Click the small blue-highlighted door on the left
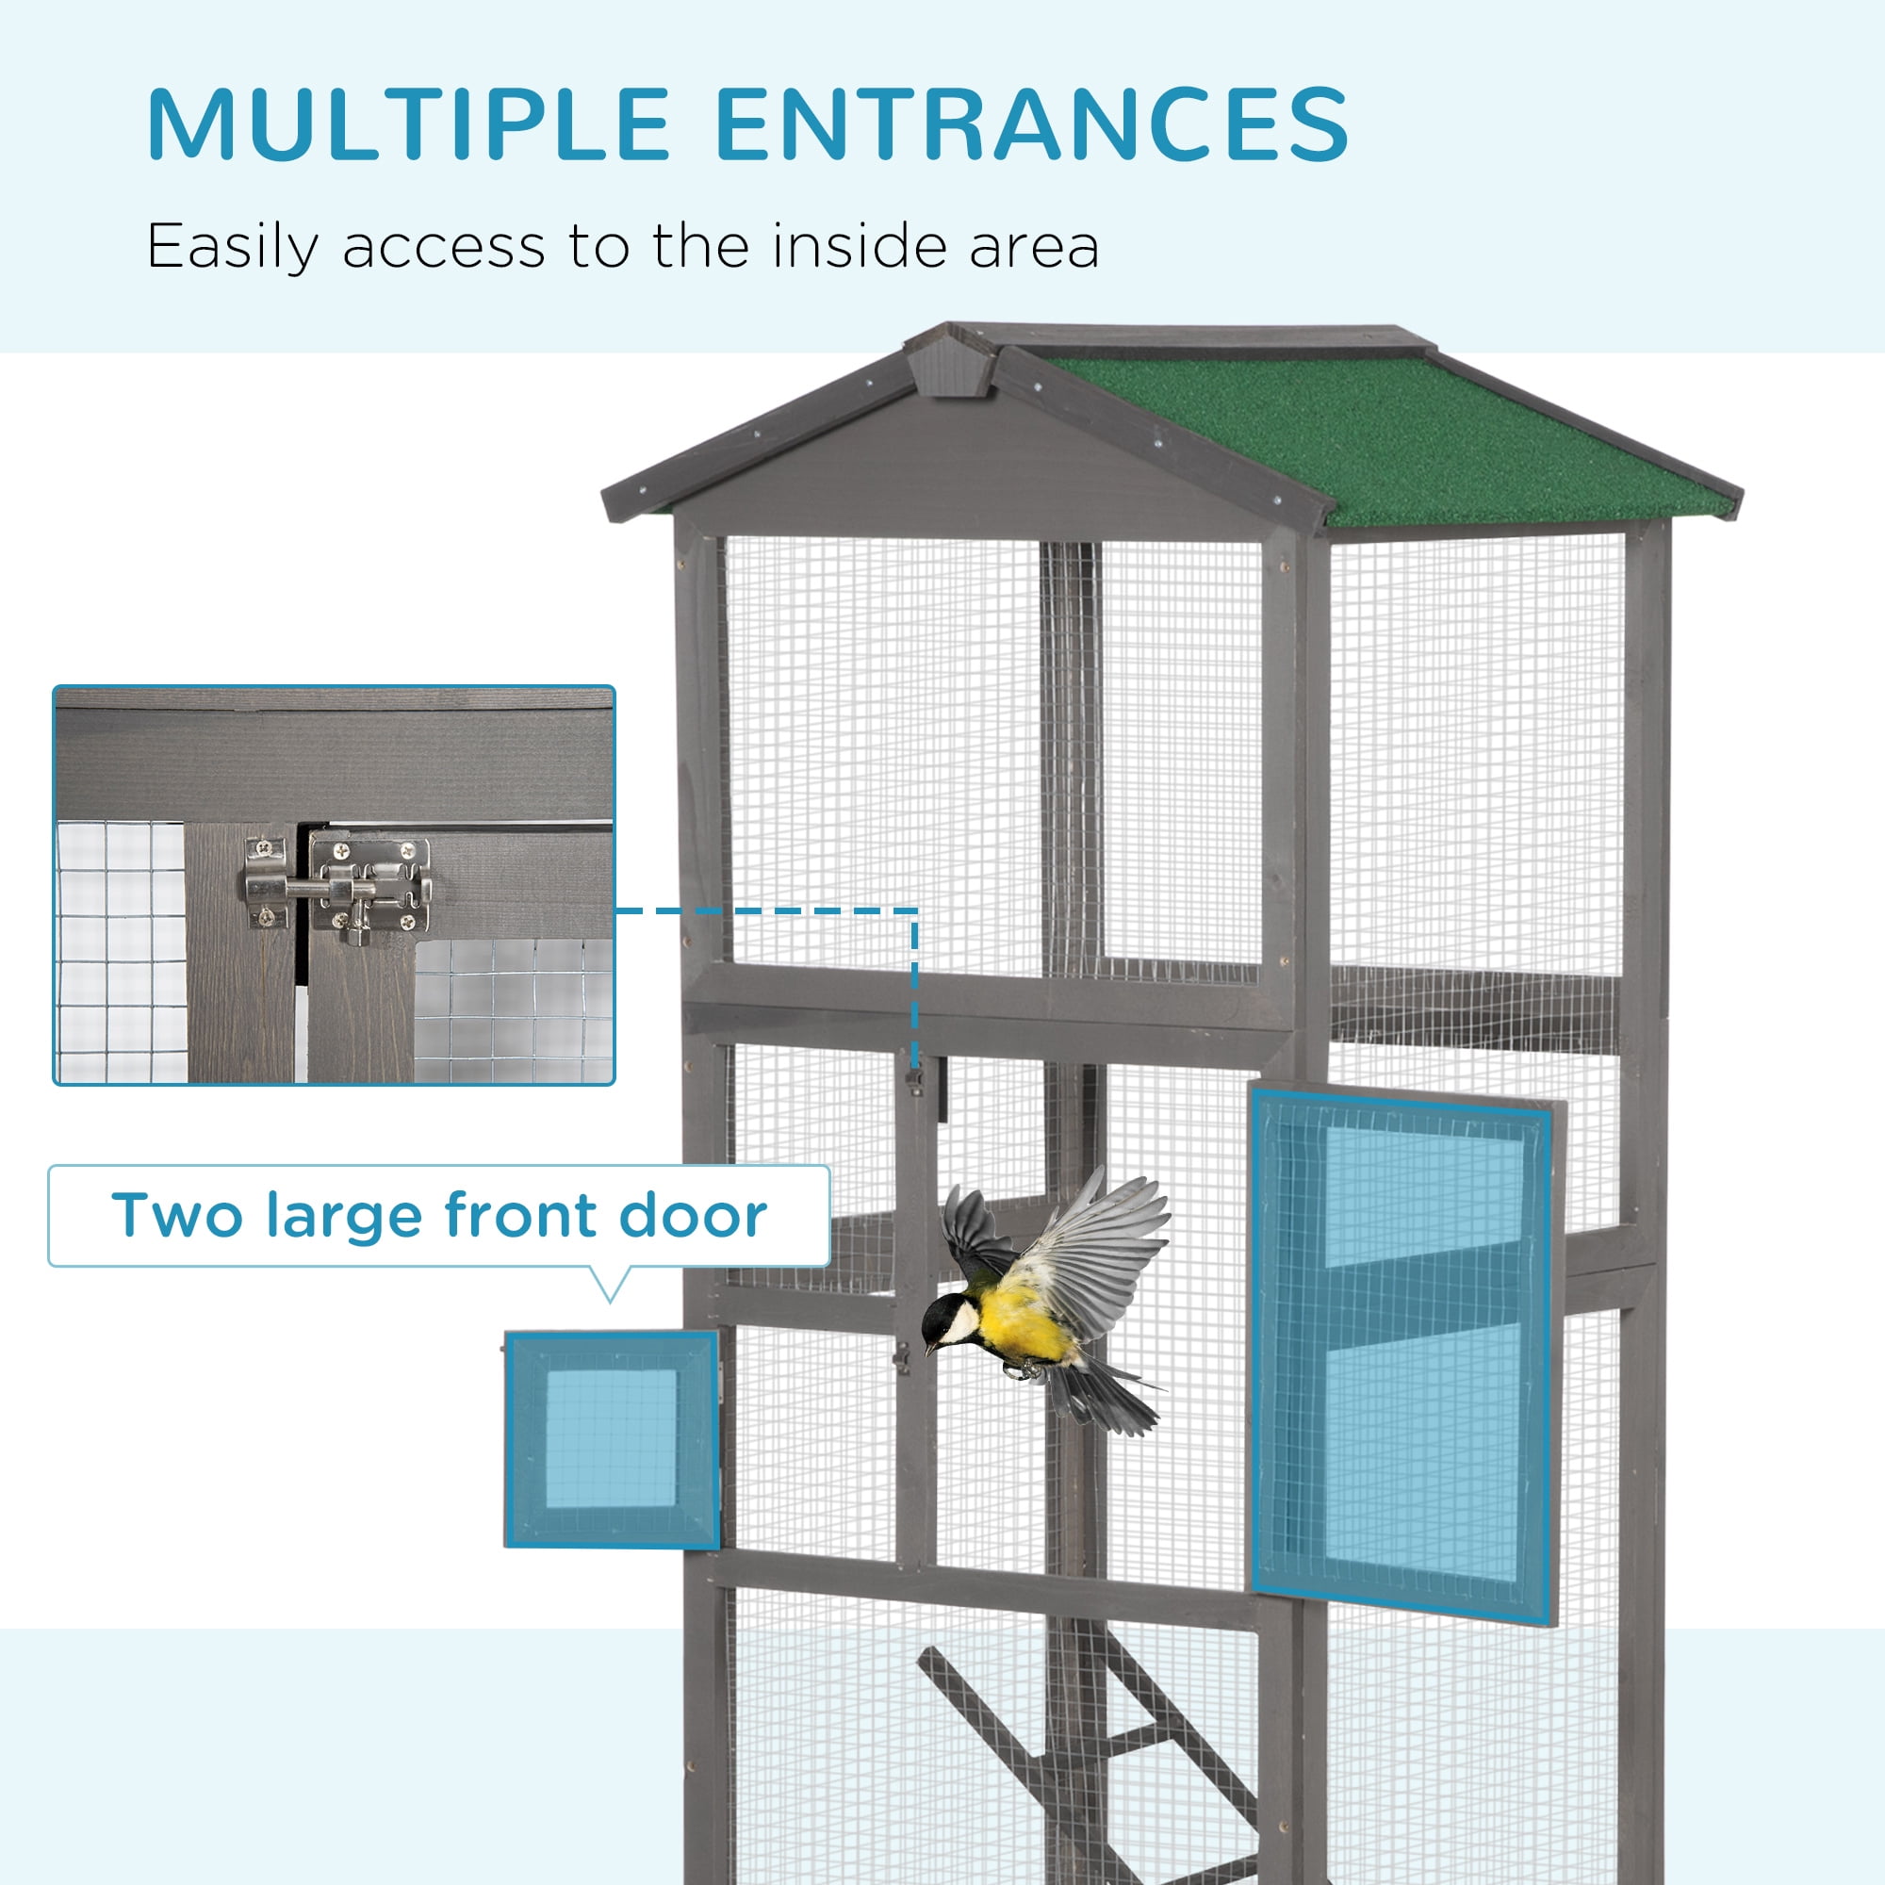(612, 1439)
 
